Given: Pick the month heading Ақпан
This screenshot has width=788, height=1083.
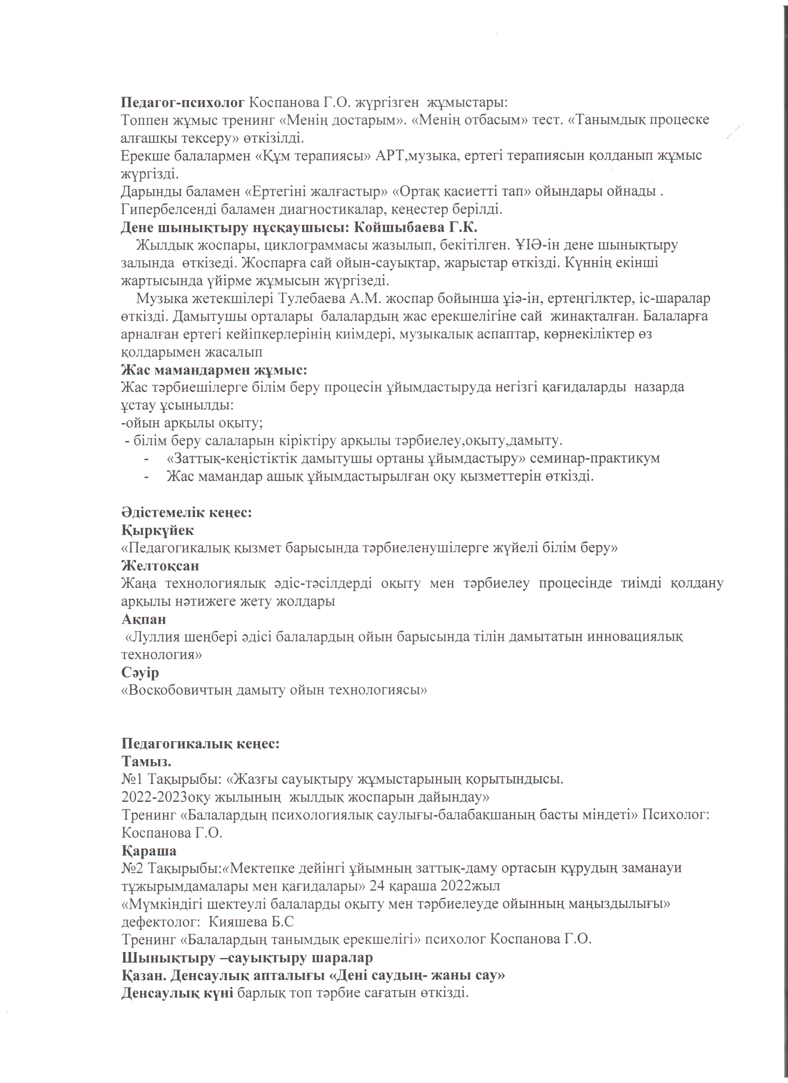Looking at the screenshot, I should [144, 619].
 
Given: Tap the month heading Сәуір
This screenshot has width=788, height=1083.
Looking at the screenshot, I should [140, 673].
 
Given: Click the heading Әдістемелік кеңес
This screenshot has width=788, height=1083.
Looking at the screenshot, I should [187, 512].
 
